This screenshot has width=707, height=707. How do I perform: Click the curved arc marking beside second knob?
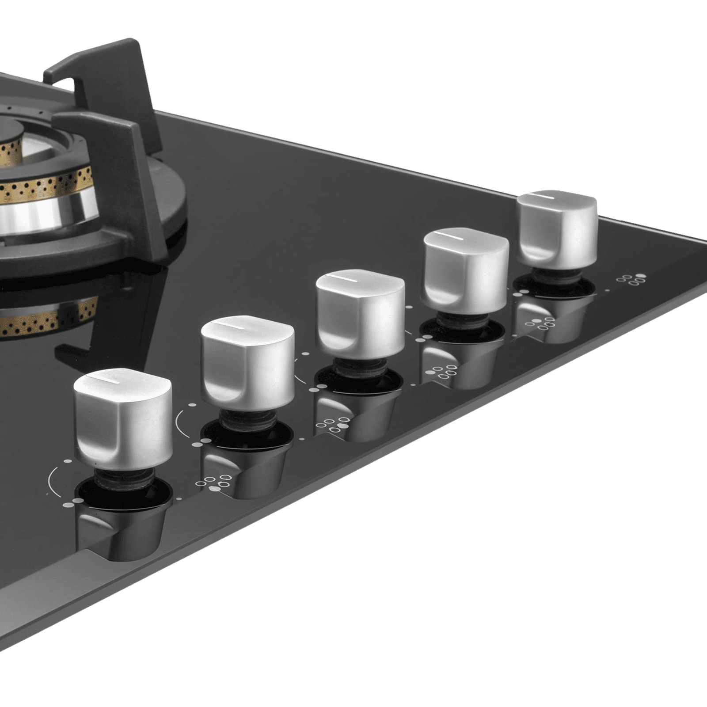coord(179,420)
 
